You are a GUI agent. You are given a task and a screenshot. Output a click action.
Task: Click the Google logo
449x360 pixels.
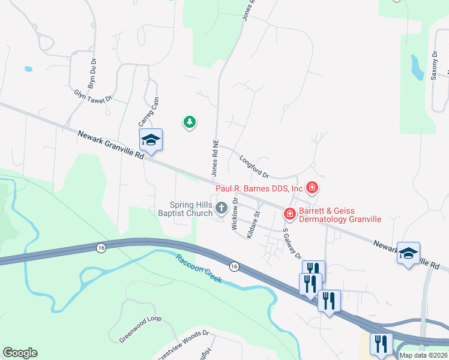point(20,353)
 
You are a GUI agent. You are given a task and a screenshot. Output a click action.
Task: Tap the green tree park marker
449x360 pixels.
point(190,122)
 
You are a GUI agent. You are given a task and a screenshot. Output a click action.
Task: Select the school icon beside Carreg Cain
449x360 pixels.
point(151,140)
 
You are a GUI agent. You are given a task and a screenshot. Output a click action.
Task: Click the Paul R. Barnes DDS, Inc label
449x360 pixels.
point(255,188)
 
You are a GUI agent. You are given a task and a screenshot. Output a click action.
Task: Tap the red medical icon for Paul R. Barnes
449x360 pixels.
point(312,188)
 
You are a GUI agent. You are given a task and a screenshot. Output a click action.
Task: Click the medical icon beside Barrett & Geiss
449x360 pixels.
point(289,213)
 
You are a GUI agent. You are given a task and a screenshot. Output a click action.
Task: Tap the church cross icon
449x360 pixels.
point(221,209)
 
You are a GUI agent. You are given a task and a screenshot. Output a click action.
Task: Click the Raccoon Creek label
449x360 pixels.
point(199,269)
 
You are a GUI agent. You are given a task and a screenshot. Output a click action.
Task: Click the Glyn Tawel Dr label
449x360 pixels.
point(93,96)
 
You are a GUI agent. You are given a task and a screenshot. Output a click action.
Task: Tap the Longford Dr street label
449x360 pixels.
point(254,167)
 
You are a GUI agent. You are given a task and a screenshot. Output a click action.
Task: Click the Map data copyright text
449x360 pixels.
point(423,355)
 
